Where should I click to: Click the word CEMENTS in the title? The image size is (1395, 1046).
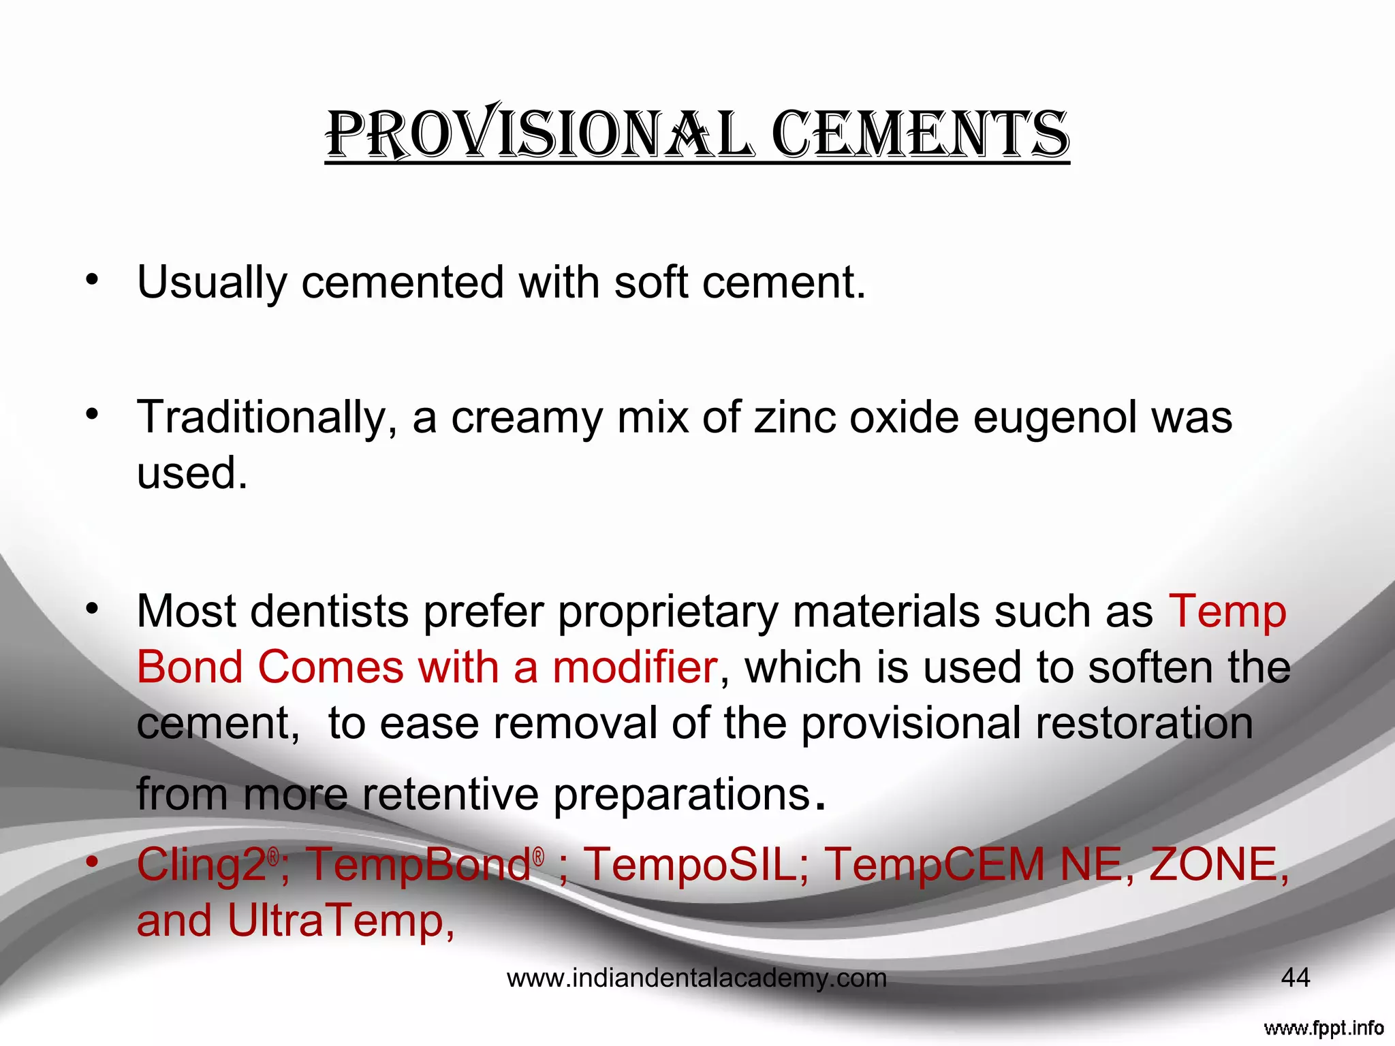[920, 134]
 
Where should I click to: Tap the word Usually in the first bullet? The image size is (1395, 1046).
[211, 282]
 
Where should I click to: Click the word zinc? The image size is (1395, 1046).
[794, 417]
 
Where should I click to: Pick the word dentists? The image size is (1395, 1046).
[330, 611]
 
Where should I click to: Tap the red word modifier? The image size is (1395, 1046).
[634, 667]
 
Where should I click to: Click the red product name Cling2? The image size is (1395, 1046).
[202, 865]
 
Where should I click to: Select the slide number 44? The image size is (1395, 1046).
[1295, 978]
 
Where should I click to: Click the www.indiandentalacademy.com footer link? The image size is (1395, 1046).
[697, 979]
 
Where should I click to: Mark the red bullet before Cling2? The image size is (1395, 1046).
[93, 862]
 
